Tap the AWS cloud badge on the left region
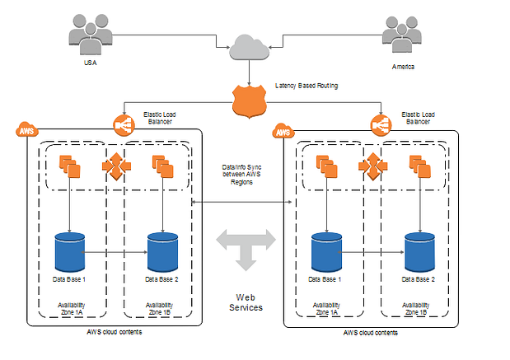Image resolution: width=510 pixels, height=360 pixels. click(x=26, y=130)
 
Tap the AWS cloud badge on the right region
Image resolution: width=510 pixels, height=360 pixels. click(x=283, y=131)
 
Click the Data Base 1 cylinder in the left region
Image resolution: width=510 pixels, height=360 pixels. click(x=70, y=251)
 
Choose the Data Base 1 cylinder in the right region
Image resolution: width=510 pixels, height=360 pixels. click(x=326, y=253)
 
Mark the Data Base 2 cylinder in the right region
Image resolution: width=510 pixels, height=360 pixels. click(x=420, y=253)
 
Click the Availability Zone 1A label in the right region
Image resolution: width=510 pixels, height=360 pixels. click(x=326, y=308)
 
